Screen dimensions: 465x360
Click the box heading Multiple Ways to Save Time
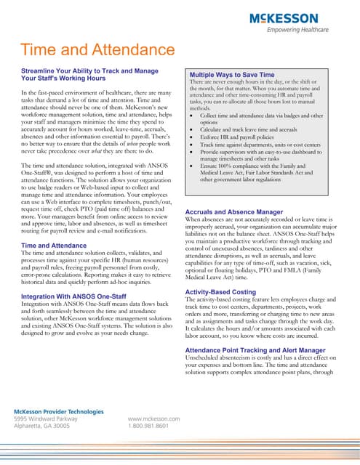(232, 75)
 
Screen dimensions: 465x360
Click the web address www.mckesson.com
(153, 419)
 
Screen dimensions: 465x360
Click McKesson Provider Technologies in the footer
(59, 411)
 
